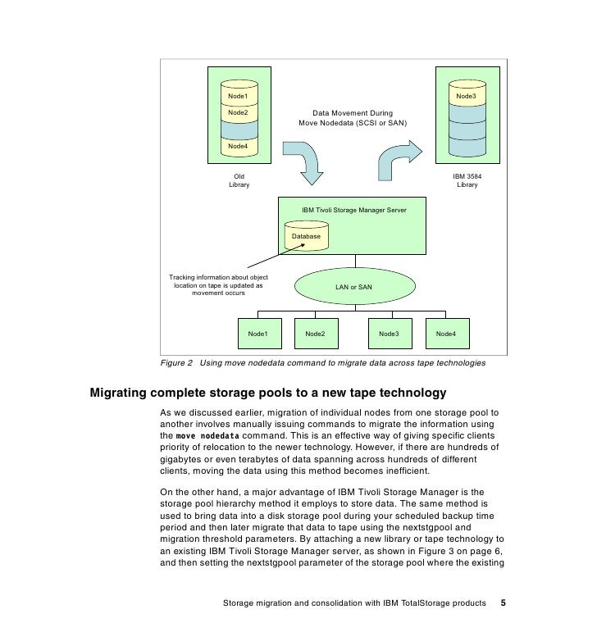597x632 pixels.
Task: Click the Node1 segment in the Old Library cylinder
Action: pyautogui.click(x=238, y=97)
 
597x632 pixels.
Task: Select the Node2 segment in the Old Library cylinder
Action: pyautogui.click(x=238, y=112)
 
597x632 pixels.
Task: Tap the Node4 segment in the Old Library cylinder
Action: pyautogui.click(x=238, y=146)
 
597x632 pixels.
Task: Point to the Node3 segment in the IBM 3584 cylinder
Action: pyautogui.click(x=467, y=97)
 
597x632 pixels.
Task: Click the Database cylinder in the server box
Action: pyautogui.click(x=306, y=236)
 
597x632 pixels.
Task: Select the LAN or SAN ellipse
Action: pyautogui.click(x=353, y=287)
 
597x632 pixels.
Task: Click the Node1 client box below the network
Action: pyautogui.click(x=259, y=334)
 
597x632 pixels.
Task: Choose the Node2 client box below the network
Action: pyautogui.click(x=316, y=334)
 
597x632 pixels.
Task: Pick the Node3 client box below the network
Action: pyautogui.click(x=389, y=334)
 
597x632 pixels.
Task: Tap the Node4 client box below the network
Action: pyautogui.click(x=446, y=334)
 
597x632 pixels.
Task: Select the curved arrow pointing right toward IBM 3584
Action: pyautogui.click(x=399, y=159)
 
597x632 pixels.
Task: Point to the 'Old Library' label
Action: pyautogui.click(x=239, y=180)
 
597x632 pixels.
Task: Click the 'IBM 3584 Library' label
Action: pyautogui.click(x=467, y=180)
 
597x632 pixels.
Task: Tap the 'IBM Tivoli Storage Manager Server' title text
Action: pyautogui.click(x=353, y=210)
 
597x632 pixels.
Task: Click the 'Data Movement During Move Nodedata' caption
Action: pyautogui.click(x=353, y=117)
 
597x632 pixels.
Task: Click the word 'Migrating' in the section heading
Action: pyautogui.click(x=122, y=392)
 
